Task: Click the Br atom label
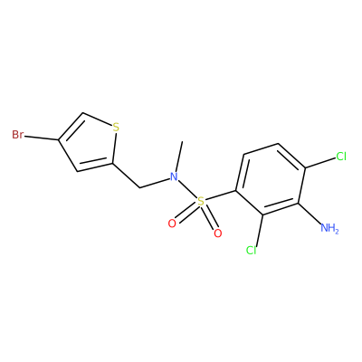click(17, 135)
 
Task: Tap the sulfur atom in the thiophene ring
click(116, 127)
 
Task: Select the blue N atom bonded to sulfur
click(174, 176)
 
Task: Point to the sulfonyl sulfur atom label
click(201, 201)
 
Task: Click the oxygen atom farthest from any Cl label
click(172, 224)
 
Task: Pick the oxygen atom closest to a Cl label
click(217, 233)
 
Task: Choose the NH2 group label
click(329, 228)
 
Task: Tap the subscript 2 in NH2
click(337, 231)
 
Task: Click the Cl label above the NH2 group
click(341, 157)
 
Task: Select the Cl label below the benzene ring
click(251, 250)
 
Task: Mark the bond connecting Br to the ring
click(42, 138)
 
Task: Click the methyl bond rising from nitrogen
click(179, 157)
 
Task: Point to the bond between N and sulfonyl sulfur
click(187, 189)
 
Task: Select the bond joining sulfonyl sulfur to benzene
click(221, 195)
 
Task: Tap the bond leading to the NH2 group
click(310, 214)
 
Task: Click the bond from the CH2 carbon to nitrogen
click(154, 184)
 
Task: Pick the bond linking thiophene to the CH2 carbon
click(127, 176)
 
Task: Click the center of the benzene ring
click(271, 179)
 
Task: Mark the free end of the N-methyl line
click(182, 141)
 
